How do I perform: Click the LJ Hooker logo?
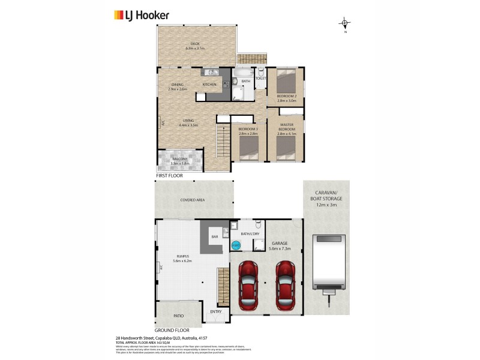tap(142, 15)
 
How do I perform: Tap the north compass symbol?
tap(345, 24)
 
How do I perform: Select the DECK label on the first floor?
tap(195, 44)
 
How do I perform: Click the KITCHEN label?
tap(209, 85)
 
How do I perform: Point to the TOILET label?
tap(261, 79)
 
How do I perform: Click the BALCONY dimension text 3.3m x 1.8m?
tap(180, 163)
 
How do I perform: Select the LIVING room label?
tap(188, 121)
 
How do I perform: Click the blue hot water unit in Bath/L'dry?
tap(236, 245)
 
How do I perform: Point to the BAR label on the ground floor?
tap(215, 237)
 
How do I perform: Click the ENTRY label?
tap(215, 311)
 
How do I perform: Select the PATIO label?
tap(179, 316)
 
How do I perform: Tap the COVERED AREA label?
tap(193, 201)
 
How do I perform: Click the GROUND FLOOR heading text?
tap(173, 331)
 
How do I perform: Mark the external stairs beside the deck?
tap(251, 59)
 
